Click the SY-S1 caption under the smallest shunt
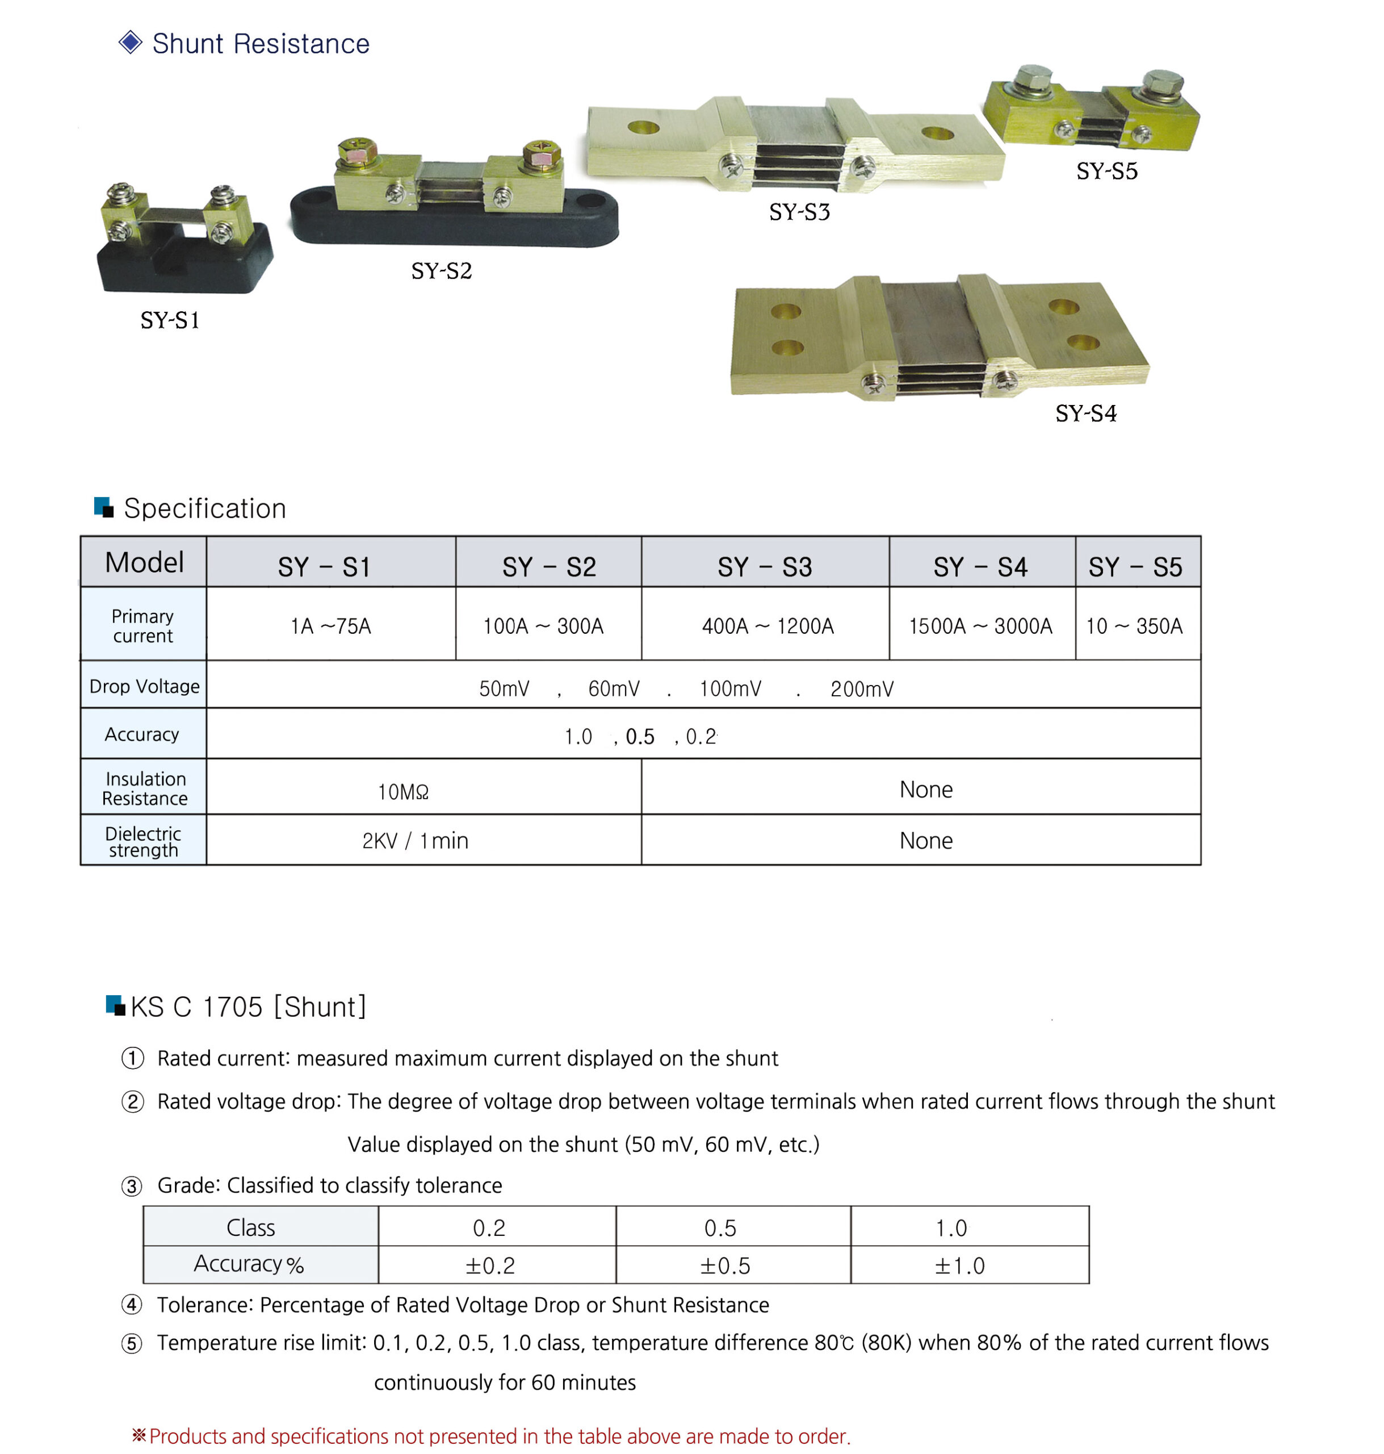170,320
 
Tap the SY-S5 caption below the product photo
1106,171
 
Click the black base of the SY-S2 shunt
454,225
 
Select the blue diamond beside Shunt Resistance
130,43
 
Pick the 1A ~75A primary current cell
330,626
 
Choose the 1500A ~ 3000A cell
980,626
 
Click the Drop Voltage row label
144,687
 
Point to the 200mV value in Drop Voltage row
862,688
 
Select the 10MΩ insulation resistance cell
403,791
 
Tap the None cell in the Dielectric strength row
925,841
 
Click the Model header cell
144,562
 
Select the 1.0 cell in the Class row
951,1228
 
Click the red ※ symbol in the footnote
139,1435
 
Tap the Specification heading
204,508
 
